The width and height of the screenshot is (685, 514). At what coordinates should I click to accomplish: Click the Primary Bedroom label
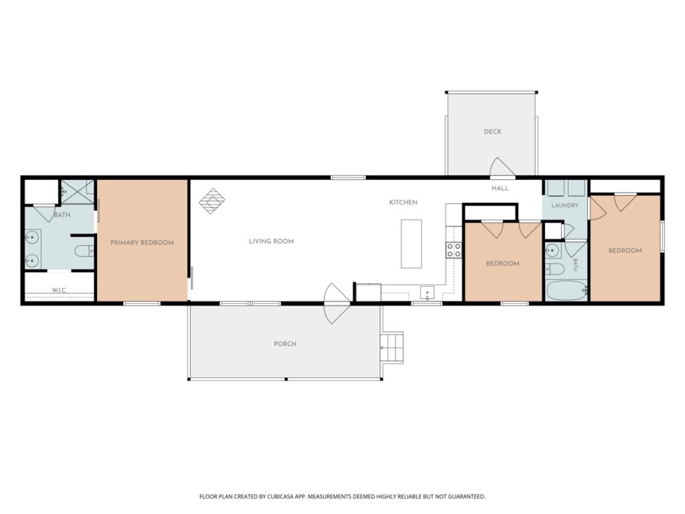coord(142,242)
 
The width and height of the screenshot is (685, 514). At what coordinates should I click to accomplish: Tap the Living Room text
coord(272,241)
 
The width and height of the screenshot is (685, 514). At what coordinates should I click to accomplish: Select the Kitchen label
coord(403,202)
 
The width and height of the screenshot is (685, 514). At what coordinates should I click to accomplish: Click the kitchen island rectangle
coord(411,244)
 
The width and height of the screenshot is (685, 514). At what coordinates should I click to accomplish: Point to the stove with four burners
coord(454,250)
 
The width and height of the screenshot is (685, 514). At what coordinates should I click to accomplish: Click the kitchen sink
coord(427,292)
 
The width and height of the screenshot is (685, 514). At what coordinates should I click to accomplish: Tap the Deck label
coord(492,132)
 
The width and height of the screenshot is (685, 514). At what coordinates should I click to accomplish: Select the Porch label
coord(285,344)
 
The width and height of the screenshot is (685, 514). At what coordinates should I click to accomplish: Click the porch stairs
coord(392,347)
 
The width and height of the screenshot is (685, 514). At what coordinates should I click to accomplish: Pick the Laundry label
coord(565,205)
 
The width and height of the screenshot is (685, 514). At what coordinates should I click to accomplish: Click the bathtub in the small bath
coord(567,290)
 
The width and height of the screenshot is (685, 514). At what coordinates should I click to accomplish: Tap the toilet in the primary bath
coord(84,251)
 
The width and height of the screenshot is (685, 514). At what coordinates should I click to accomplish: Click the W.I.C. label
coord(60,290)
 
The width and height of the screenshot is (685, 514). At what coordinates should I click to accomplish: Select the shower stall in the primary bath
coord(78,192)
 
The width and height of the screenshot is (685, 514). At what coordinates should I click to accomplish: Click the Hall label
coord(500,188)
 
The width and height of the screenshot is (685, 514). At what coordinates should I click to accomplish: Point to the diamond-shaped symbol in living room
coord(212,201)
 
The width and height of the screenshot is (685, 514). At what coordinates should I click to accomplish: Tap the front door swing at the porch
coord(336,303)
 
